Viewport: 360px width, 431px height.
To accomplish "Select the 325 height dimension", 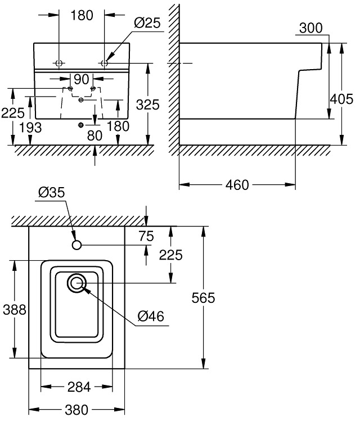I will pos(147,104).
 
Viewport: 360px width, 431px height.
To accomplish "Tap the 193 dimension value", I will pos(29,128).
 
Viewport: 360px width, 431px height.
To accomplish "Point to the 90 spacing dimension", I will pos(81,78).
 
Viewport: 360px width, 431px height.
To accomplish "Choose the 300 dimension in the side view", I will pos(311,28).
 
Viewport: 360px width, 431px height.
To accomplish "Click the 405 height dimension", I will pos(341,99).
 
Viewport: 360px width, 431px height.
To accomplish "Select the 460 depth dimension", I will pos(237,185).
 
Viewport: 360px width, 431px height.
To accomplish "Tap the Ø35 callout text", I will pos(52,192).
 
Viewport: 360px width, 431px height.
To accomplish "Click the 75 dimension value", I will pos(146,237).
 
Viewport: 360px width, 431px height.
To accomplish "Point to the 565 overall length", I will pos(204,298).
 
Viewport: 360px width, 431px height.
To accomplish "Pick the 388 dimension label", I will pos(14,309).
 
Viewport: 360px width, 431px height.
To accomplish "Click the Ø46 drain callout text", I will pos(151,317).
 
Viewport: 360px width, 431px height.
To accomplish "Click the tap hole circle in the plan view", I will pos(77,245).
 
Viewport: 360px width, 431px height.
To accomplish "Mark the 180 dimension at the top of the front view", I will pos(82,15).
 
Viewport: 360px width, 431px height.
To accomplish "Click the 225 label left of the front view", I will pos(12,113).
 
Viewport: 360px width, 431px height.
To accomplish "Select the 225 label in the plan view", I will pos(171,255).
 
